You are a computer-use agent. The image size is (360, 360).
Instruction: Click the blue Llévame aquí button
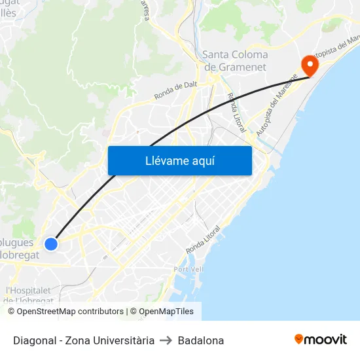[179, 160]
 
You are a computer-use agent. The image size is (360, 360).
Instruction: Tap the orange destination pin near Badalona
[309, 65]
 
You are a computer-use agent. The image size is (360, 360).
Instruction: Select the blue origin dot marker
[51, 244]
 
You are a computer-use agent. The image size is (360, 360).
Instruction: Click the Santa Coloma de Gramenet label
[235, 61]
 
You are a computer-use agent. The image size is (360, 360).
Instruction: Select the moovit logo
[320, 339]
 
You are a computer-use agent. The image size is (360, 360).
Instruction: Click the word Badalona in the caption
[201, 340]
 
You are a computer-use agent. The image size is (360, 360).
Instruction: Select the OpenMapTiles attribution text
[162, 312]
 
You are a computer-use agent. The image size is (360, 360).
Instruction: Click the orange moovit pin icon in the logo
[299, 339]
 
